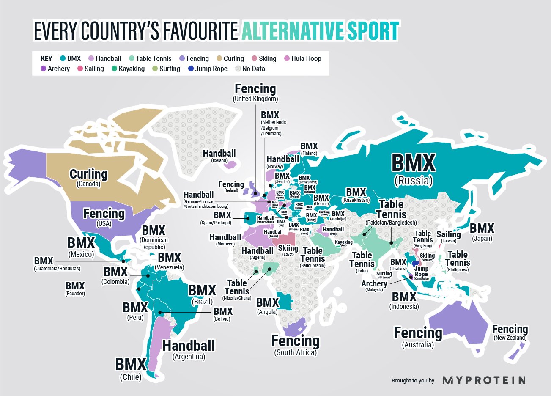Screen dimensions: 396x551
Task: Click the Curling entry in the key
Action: pos(230,59)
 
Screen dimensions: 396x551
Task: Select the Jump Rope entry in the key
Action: pos(208,69)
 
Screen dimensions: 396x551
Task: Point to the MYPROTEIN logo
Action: pos(484,380)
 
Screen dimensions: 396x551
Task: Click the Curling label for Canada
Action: pos(88,175)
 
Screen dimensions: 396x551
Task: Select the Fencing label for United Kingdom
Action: pos(255,89)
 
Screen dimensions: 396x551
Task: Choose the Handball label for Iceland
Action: pos(219,154)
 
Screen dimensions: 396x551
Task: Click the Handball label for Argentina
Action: pos(189,346)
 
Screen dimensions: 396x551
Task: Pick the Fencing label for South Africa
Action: pos(295,341)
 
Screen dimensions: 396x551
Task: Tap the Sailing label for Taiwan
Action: pos(448,234)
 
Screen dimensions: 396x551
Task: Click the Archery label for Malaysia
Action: pos(374,284)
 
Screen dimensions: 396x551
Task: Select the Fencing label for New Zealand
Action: pos(510,330)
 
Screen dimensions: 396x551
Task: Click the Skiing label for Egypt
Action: pos(288,248)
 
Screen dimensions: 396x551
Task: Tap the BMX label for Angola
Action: pos(267,303)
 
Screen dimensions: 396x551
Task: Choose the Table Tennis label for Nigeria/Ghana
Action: pos(237,287)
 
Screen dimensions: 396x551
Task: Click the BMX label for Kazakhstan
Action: pos(356,193)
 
